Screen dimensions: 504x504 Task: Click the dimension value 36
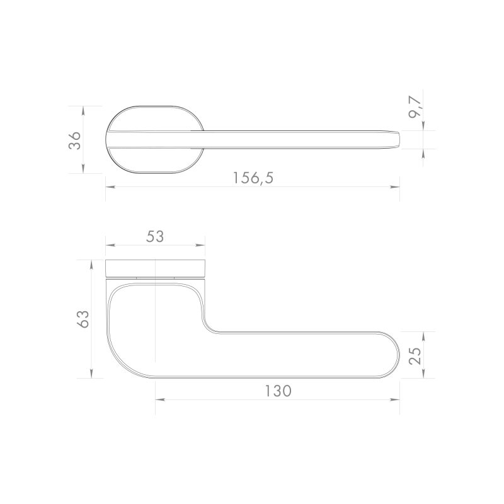pos(74,140)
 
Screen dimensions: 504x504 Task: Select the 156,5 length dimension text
pos(253,178)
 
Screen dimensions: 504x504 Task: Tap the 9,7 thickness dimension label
pos(415,107)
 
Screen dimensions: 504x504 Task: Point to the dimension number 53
pos(155,236)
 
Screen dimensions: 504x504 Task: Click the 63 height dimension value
pos(83,319)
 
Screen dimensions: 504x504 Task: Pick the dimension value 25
pos(415,355)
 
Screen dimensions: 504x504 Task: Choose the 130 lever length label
pos(278,391)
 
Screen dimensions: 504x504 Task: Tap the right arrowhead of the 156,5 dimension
pos(395,186)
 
